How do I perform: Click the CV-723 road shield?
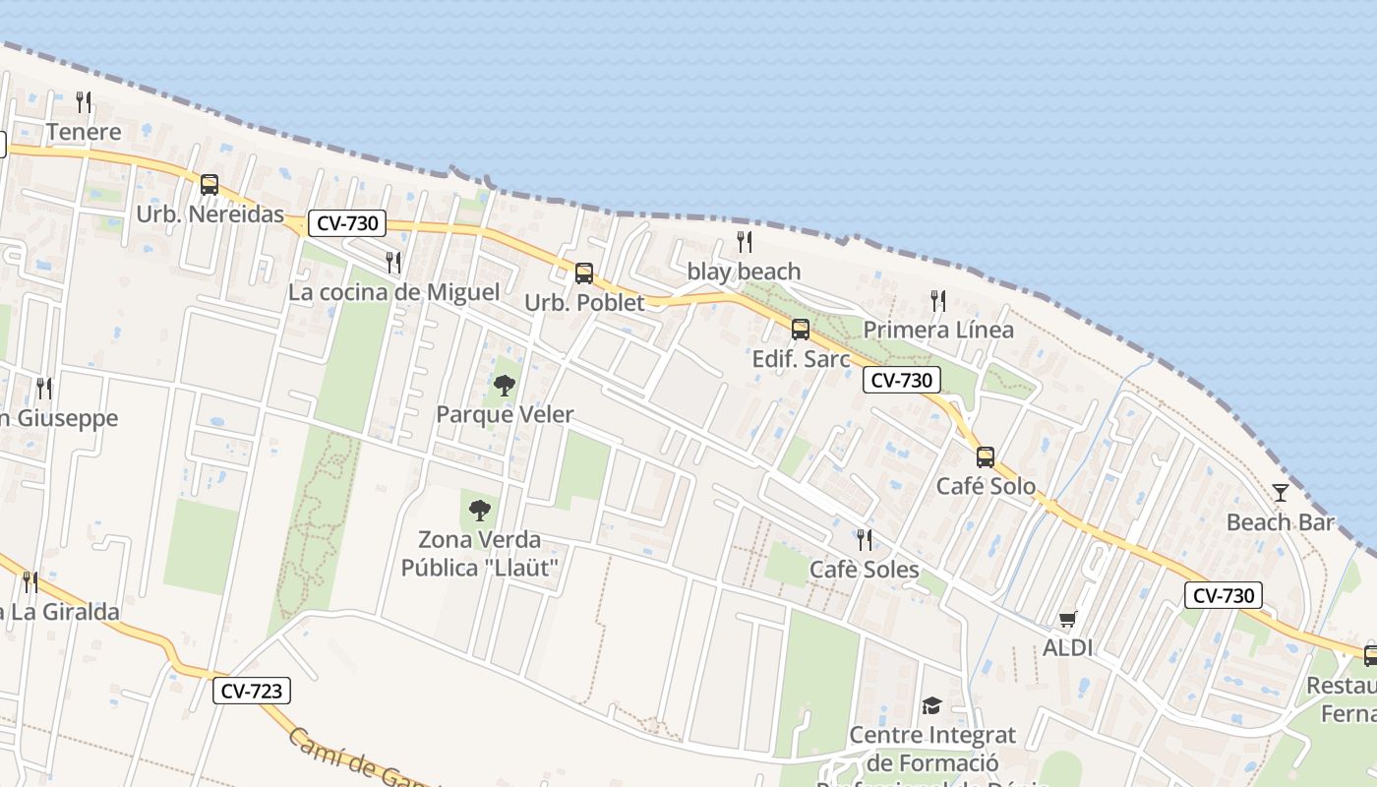click(x=252, y=691)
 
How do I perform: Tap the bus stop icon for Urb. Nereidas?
click(x=210, y=184)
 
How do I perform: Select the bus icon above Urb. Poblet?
click(x=584, y=272)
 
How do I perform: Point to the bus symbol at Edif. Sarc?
click(x=801, y=329)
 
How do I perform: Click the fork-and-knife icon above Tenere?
click(x=84, y=101)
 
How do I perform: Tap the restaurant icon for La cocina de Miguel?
click(x=393, y=262)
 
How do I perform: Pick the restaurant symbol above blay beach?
click(x=745, y=241)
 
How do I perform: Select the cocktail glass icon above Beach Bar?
click(x=1280, y=492)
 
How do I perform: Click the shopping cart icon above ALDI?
click(x=1068, y=619)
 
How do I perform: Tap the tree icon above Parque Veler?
click(x=505, y=385)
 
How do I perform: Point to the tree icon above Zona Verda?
click(x=480, y=510)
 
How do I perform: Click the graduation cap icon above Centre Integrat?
click(x=931, y=705)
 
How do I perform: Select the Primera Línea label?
click(x=938, y=330)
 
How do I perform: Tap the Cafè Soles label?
click(x=864, y=570)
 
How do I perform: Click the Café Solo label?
click(x=986, y=486)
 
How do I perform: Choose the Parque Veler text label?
click(x=505, y=414)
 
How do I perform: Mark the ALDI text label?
click(x=1068, y=648)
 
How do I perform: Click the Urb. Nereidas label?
click(x=210, y=213)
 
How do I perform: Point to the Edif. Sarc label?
click(x=801, y=359)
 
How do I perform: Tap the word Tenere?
click(x=84, y=132)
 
